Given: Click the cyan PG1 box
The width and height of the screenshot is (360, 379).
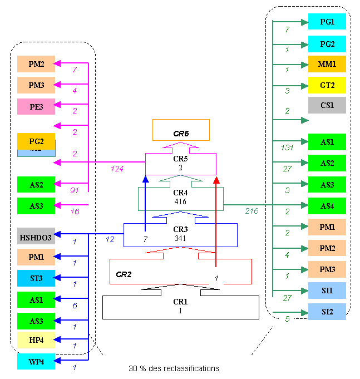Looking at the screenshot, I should click(x=327, y=22).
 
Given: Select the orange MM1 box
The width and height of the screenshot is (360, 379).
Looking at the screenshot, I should click(x=327, y=64).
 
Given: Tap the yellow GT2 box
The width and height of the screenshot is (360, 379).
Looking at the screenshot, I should click(x=327, y=85).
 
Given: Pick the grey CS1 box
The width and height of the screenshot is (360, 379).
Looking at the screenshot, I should click(x=327, y=105).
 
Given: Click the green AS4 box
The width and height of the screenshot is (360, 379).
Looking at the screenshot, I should click(x=327, y=206).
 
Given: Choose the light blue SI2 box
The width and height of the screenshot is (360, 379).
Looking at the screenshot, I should click(x=327, y=312).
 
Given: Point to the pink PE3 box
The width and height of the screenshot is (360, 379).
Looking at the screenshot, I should click(x=36, y=106).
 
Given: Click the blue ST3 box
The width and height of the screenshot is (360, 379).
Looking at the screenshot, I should click(x=36, y=278).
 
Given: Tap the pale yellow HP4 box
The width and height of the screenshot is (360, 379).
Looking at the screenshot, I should click(x=36, y=340).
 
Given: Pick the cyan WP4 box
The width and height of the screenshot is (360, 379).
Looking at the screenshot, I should click(x=36, y=362).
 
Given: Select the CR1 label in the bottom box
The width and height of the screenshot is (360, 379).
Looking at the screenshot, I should click(x=180, y=302).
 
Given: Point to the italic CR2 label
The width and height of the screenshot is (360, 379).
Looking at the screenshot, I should click(x=124, y=274).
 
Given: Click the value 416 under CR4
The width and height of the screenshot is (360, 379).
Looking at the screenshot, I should click(x=180, y=201).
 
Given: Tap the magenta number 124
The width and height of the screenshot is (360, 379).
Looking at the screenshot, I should click(x=117, y=169).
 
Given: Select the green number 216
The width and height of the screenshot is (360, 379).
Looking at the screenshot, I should click(x=253, y=211).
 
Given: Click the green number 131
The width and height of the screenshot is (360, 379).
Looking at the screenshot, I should click(x=288, y=147).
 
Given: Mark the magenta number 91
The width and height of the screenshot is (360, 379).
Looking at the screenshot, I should click(x=74, y=190).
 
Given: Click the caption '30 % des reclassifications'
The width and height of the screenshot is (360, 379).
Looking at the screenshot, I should click(x=174, y=368).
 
